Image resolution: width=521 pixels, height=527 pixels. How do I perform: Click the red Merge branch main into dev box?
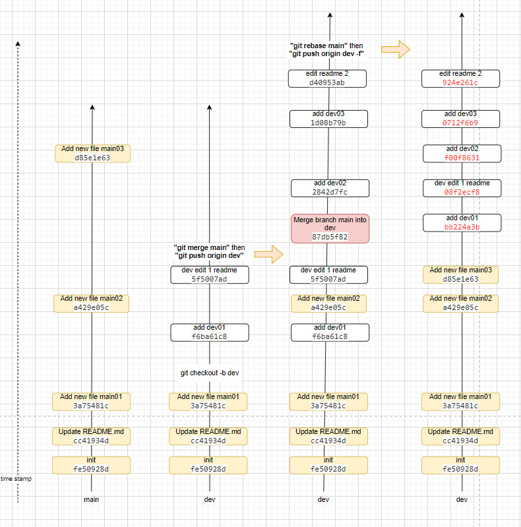pyautogui.click(x=330, y=228)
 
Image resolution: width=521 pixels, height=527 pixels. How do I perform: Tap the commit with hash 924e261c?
pyautogui.click(x=461, y=78)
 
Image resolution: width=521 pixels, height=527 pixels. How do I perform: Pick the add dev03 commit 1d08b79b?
pyautogui.click(x=328, y=119)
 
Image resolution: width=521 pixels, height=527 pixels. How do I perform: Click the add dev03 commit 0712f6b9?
pyautogui.click(x=461, y=119)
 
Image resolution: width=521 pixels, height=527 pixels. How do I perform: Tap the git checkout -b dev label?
pyautogui.click(x=210, y=373)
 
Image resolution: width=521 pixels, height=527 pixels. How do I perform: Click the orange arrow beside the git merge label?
pyautogui.click(x=268, y=253)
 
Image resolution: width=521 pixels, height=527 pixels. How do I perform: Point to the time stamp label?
pyautogui.click(x=16, y=479)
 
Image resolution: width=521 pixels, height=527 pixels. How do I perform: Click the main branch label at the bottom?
pyautogui.click(x=92, y=499)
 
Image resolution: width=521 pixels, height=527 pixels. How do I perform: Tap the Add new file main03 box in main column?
pyautogui.click(x=92, y=154)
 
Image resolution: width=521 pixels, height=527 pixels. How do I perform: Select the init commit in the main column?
pyautogui.click(x=91, y=465)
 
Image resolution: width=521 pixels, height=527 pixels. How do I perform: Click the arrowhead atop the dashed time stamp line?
pyautogui.click(x=18, y=44)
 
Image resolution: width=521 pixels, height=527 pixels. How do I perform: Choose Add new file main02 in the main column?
pyautogui.click(x=91, y=303)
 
